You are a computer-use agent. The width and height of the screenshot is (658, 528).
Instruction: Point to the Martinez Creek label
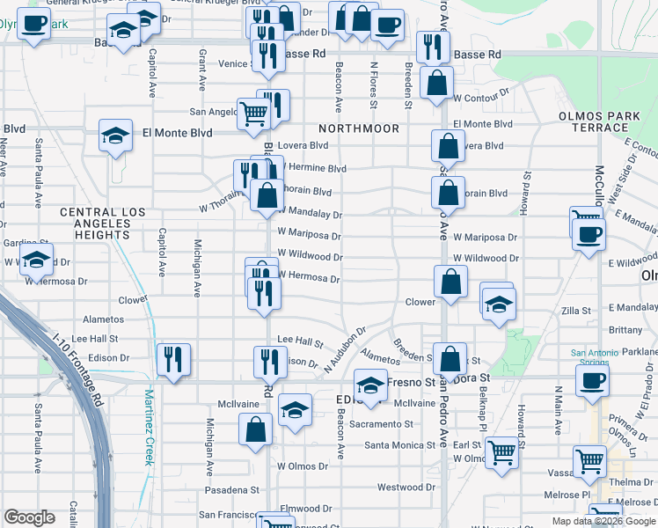tap(150, 429)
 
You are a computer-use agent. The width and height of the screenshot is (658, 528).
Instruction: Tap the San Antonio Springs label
tap(601, 359)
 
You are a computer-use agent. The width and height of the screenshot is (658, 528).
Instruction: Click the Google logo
tap(30, 517)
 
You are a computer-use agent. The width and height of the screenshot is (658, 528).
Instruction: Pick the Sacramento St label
tap(379, 424)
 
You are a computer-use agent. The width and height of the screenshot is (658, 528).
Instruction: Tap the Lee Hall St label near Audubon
tap(300, 339)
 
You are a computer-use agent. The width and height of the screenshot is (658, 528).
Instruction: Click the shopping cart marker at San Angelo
tap(253, 112)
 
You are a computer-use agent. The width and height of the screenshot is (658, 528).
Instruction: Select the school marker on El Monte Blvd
tap(115, 136)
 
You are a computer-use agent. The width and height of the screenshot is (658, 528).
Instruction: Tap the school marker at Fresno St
tap(370, 385)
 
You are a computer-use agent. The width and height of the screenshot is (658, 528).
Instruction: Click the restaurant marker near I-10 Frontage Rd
tap(173, 359)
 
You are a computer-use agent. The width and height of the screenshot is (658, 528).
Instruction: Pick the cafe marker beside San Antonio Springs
tap(591, 380)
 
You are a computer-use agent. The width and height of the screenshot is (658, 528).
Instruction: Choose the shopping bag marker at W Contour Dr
tap(436, 84)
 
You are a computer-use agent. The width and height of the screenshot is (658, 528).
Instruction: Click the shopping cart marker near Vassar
tap(589, 459)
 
